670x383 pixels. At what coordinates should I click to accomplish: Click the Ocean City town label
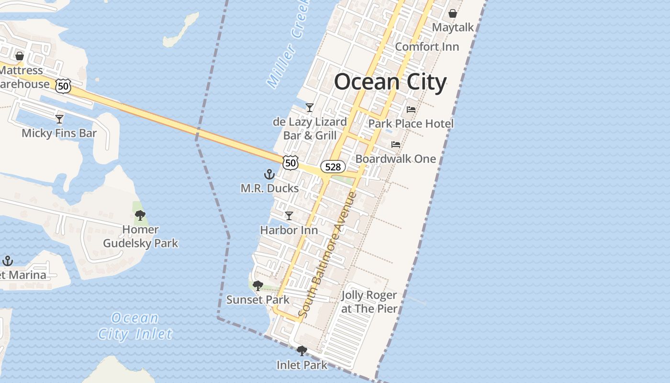coord(390,82)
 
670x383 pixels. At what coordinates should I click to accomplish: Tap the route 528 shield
coord(333,167)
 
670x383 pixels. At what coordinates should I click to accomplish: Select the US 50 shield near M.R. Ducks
coord(290,163)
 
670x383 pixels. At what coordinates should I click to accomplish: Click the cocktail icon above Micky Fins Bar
coord(59,119)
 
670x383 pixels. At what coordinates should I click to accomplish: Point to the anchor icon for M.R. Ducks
coord(269,174)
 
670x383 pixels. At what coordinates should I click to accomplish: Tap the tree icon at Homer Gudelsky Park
coord(140,215)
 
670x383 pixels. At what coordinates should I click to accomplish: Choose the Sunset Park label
coord(257,300)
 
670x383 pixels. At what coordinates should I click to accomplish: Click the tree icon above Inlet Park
coord(301,351)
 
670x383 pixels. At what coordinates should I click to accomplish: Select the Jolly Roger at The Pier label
coord(369,302)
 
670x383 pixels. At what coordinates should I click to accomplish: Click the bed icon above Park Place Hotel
coord(411,110)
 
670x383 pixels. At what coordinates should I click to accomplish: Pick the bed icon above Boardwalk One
coord(395,145)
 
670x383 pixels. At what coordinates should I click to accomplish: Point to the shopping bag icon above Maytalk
coord(452,13)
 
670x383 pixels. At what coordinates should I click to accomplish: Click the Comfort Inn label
coord(427,47)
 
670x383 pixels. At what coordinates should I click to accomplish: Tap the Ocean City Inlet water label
coord(134,326)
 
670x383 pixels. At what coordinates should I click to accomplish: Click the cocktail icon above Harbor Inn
coord(289,216)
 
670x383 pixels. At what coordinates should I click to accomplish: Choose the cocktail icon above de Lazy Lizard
coord(310,108)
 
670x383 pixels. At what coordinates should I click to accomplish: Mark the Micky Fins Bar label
coord(59,133)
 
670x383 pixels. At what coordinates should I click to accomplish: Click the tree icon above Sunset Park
coord(257,286)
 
